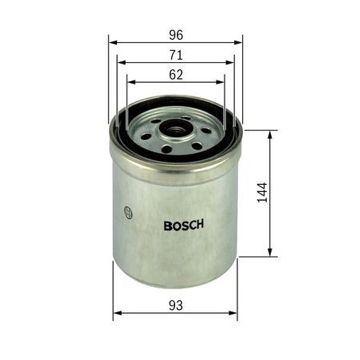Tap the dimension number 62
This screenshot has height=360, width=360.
pyautogui.click(x=176, y=75)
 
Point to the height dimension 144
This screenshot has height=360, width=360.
pyautogui.click(x=263, y=194)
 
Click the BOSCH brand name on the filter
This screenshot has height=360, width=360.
pyautogui.click(x=183, y=225)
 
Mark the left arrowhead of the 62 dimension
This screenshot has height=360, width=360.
pyautogui.click(x=130, y=81)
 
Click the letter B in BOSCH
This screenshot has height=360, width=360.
pyautogui.click(x=166, y=225)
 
